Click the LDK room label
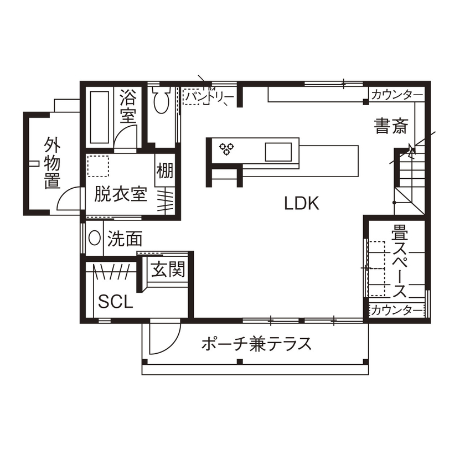click(x=302, y=203)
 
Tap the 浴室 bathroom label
click(x=128, y=107)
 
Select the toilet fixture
click(x=161, y=100)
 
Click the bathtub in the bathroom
click(x=99, y=117)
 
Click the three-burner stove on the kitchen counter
click(x=227, y=149)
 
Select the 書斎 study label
click(x=391, y=127)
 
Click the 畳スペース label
click(x=398, y=261)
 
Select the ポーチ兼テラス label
click(x=256, y=344)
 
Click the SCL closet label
click(x=116, y=302)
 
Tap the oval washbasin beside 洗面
click(x=95, y=239)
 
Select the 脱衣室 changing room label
click(x=120, y=195)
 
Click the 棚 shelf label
click(x=164, y=170)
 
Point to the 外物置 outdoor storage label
click(x=53, y=163)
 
